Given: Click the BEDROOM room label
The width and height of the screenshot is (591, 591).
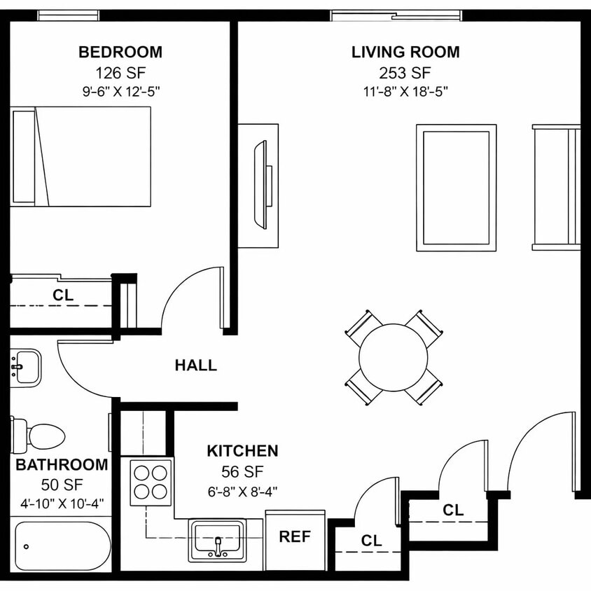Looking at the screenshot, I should pyautogui.click(x=120, y=52).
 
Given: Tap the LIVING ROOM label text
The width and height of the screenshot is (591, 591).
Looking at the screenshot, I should pyautogui.click(x=405, y=52).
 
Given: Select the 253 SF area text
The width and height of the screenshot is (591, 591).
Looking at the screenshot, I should pyautogui.click(x=405, y=72).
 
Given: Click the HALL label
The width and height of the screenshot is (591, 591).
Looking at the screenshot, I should pyautogui.click(x=195, y=365).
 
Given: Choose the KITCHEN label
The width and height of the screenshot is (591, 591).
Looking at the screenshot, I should pyautogui.click(x=242, y=451).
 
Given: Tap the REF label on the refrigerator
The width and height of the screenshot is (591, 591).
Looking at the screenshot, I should pyautogui.click(x=295, y=537).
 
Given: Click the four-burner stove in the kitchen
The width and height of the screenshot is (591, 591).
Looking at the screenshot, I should pyautogui.click(x=151, y=482).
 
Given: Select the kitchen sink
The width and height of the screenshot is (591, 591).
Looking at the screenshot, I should pyautogui.click(x=217, y=540).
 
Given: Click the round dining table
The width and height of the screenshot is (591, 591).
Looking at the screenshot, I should pyautogui.click(x=394, y=357).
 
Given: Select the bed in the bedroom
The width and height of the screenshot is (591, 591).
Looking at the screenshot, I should pyautogui.click(x=81, y=156).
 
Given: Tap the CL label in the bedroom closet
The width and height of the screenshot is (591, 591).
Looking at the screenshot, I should pyautogui.click(x=63, y=295).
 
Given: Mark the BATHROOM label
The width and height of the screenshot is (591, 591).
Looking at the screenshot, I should pyautogui.click(x=62, y=464).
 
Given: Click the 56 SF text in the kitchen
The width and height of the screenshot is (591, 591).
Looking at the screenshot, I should pyautogui.click(x=242, y=471).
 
